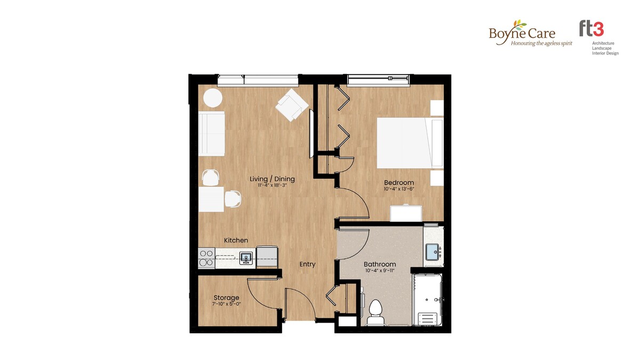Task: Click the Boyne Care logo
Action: click(x=530, y=33)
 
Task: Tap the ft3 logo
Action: click(x=598, y=38)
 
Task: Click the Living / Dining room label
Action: click(x=272, y=179)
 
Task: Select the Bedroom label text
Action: click(x=399, y=182)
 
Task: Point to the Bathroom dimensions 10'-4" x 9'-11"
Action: click(x=380, y=271)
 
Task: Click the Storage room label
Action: click(x=226, y=298)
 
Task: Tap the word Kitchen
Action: click(x=236, y=241)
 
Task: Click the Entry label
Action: click(x=307, y=265)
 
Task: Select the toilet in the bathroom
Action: click(x=375, y=313)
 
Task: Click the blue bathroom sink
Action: click(x=433, y=252)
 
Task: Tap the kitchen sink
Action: click(x=246, y=259)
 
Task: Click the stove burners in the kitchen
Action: click(x=206, y=258)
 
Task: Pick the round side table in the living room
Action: click(x=213, y=98)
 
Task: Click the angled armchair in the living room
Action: click(x=292, y=105)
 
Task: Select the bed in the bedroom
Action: click(x=410, y=142)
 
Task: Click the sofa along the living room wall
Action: click(x=211, y=133)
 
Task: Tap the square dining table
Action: click(x=211, y=199)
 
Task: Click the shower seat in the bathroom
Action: click(x=427, y=318)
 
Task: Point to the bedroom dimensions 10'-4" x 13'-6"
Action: click(x=399, y=189)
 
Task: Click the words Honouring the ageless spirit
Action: click(x=541, y=43)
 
